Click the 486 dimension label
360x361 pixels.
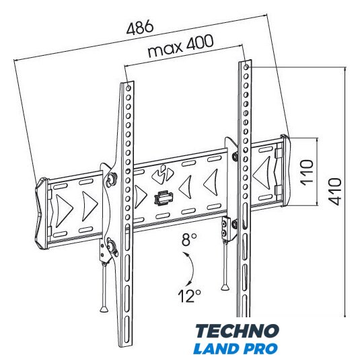[140, 27]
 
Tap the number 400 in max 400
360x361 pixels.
[200, 44]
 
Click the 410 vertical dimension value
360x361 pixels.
[335, 192]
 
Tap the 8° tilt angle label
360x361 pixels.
[189, 239]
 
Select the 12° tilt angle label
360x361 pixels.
[189, 296]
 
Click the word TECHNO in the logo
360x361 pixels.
[237, 331]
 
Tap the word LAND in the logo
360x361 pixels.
[217, 349]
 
